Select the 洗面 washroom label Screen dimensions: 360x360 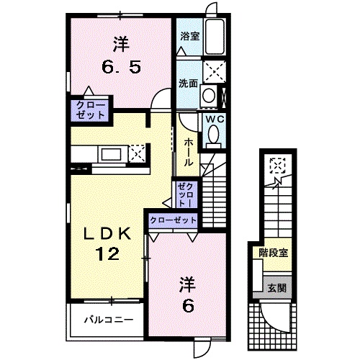(188, 83)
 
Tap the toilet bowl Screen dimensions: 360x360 (213, 135)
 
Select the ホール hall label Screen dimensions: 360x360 (187, 152)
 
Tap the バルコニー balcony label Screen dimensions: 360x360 (108, 320)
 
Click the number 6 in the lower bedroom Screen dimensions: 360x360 (187, 305)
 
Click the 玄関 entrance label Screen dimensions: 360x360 (277, 287)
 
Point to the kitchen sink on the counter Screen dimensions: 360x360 (111, 153)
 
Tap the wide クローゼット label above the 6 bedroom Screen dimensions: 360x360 (174, 219)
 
